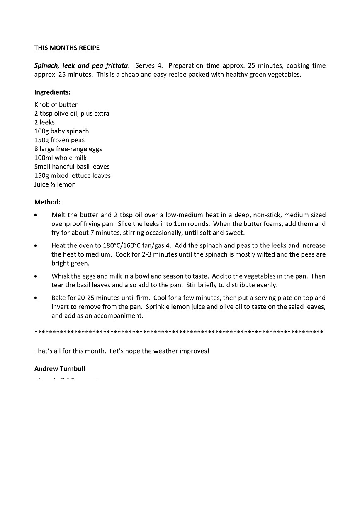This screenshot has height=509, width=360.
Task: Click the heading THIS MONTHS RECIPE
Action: (x=67, y=48)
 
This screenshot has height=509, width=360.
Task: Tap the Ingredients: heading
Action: (x=52, y=92)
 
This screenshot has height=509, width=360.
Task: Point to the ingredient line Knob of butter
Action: (x=56, y=104)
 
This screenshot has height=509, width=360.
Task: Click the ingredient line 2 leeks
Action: (x=44, y=122)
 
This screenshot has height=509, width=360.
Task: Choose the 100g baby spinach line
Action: (x=61, y=131)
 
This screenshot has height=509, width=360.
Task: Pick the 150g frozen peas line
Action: (x=59, y=140)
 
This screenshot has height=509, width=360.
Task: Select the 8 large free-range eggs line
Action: (x=68, y=149)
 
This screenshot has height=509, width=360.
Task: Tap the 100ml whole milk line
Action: (x=61, y=158)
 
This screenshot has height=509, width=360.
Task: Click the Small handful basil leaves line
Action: (x=72, y=167)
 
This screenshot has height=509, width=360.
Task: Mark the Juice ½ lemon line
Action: (x=55, y=184)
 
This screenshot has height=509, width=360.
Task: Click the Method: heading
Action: (x=47, y=202)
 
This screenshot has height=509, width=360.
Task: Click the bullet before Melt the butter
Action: (x=36, y=215)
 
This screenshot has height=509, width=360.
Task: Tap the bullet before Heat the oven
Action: (x=36, y=246)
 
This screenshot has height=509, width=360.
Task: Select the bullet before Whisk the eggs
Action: (x=36, y=276)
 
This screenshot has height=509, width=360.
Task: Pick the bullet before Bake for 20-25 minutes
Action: (x=36, y=298)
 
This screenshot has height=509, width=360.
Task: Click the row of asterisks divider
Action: (x=178, y=332)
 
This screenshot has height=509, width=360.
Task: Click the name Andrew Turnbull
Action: (x=60, y=368)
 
